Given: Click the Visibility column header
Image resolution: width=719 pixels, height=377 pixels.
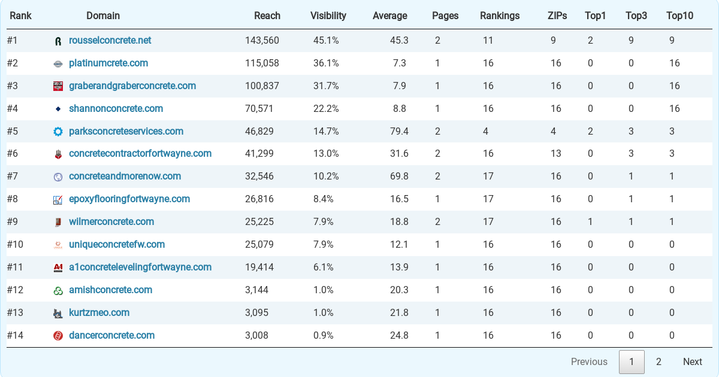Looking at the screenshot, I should point(328,16).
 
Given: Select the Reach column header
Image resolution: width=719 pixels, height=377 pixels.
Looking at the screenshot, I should point(267,16).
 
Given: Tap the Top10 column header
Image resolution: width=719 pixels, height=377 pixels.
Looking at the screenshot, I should point(679,16).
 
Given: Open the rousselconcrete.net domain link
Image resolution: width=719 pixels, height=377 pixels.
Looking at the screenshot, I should point(110,41).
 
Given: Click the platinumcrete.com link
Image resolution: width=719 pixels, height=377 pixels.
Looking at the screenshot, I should point(108,63).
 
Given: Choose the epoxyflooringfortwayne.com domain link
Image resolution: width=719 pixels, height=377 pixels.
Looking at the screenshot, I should point(129,199).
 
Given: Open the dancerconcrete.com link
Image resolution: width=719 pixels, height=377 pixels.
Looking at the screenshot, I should point(111,335).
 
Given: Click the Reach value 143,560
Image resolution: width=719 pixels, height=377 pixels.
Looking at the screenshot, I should point(262,41).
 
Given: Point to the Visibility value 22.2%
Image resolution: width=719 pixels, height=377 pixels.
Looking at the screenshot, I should point(326,109).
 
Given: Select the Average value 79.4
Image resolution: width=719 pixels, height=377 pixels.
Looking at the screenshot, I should point(399,132).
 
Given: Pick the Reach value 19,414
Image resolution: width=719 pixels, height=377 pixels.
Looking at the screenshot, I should point(259,267).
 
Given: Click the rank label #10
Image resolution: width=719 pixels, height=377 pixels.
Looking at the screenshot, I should point(15,245).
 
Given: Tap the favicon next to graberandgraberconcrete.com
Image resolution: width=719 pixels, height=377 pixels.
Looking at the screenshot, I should point(58,86).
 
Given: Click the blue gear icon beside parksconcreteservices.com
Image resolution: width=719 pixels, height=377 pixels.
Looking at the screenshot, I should point(58,132).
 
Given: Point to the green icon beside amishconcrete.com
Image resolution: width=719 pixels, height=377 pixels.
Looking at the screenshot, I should point(58,290).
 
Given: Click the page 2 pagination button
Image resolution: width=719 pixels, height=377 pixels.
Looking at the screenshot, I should point(658,361).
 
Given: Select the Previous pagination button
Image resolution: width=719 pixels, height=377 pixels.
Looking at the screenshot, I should point(588,361).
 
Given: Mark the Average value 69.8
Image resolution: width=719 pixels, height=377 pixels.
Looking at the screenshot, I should point(399,177).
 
